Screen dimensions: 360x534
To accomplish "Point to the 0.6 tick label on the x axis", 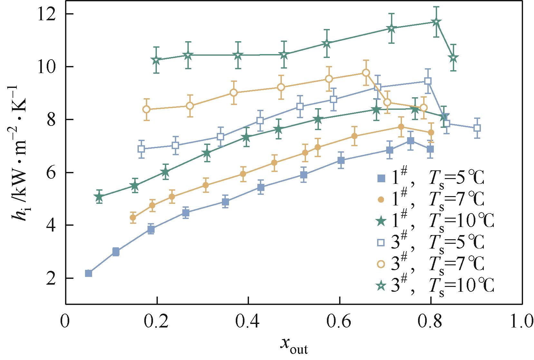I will tap(339, 322).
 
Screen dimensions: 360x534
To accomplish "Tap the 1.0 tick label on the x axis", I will tap(522, 322).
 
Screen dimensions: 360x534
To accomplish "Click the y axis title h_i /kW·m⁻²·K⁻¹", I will tap(19, 155).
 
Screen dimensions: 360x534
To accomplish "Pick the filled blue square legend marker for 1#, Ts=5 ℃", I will tap(381, 178).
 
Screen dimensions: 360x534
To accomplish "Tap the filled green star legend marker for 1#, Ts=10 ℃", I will tap(381, 221).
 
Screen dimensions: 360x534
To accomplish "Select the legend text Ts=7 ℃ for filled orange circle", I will tap(456, 200).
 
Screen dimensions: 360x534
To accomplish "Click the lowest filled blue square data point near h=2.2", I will tap(89, 273).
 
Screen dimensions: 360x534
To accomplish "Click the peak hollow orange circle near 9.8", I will tap(366, 73).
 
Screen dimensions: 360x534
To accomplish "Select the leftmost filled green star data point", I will tap(99, 197).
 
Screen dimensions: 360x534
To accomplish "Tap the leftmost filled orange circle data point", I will tap(133, 217).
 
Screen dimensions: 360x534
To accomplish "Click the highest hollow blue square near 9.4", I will tap(428, 81).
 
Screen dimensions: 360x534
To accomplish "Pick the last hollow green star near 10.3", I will tap(453, 58).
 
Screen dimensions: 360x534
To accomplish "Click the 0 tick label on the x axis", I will tap(66, 322).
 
